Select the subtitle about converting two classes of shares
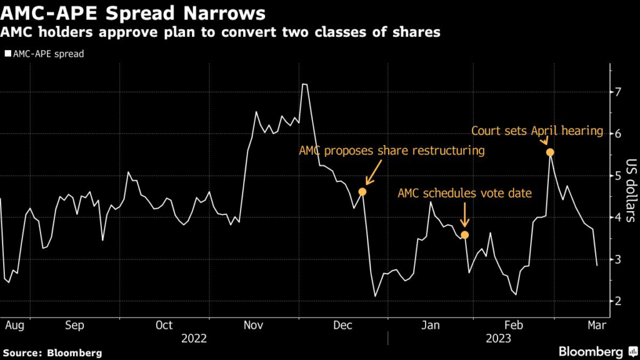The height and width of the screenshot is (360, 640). pos(220,32)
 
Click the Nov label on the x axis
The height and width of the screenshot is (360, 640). pos(253,325)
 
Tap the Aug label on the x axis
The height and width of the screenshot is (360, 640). pos(14,325)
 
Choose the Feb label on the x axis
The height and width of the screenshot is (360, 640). pos(514,325)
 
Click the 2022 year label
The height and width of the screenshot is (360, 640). pos(194,338)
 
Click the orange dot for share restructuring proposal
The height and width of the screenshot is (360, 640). pos(362,191)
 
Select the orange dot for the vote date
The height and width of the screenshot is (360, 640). pos(464,235)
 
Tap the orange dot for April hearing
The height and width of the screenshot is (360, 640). pos(550,152)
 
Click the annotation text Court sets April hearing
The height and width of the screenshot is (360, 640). pos(537,131)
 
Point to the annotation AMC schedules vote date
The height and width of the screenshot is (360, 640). pos(464,193)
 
